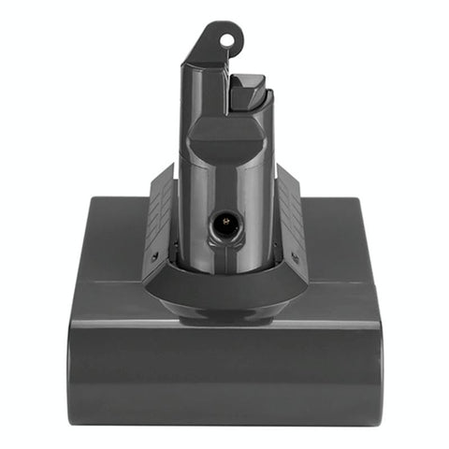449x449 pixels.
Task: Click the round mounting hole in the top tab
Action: click(x=224, y=41)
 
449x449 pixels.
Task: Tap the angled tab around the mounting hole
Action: click(x=213, y=47)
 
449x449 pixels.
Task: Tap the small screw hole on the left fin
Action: click(x=155, y=253)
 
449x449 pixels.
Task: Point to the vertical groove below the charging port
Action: click(x=224, y=257)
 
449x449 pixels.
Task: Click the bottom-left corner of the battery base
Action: click(x=73, y=419)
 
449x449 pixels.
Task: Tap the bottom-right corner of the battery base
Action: click(x=376, y=419)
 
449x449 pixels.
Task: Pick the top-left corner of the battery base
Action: click(x=92, y=200)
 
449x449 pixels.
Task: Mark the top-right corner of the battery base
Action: click(x=357, y=200)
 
